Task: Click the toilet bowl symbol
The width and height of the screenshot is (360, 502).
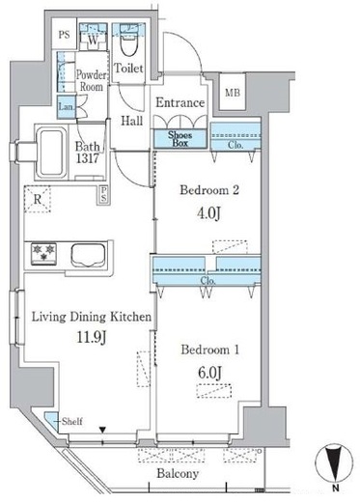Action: pos(128,42)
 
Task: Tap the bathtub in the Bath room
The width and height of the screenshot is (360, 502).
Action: pos(51,153)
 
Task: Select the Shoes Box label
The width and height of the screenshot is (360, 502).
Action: pos(180,139)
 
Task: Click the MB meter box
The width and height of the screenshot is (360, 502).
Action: pos(233,92)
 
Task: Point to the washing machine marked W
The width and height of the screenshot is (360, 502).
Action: pos(93,38)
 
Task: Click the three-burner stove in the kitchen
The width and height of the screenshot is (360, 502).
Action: pos(44,254)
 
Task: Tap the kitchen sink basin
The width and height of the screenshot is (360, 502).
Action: pos(88,255)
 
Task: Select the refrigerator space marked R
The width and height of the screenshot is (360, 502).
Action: pos(38,199)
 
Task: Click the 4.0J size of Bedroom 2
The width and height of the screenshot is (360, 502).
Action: pos(209,212)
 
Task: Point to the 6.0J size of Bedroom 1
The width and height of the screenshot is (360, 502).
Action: pos(209,373)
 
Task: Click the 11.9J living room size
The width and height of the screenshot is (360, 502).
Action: pos(91,337)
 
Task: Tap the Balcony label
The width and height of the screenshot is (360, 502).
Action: pos(178,474)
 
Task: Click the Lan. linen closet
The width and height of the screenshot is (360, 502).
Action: pos(67,106)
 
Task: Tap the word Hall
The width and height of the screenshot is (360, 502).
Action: pos(132,121)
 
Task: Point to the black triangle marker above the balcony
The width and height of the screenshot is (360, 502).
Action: pos(102,430)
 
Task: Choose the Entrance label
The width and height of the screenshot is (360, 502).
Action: pos(180,102)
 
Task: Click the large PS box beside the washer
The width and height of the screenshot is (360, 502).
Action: pos(65,34)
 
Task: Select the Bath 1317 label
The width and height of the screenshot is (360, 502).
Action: pos(88,152)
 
